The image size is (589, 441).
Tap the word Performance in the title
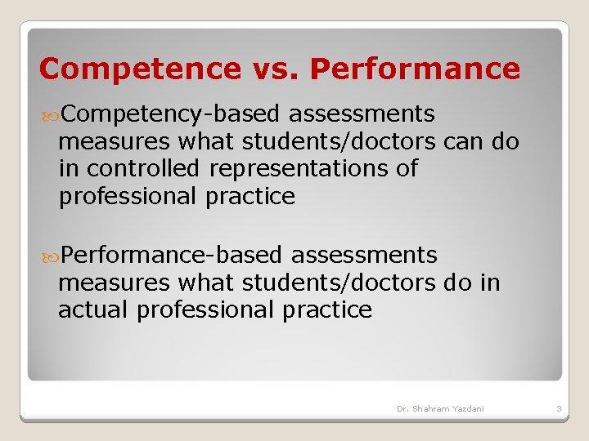(x=415, y=69)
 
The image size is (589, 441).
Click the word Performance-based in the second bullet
(x=171, y=256)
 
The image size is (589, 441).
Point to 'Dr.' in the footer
(x=403, y=408)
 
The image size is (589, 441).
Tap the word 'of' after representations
(x=407, y=169)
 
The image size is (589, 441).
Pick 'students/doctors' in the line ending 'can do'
(x=339, y=142)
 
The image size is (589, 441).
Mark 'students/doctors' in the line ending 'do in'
(x=339, y=283)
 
